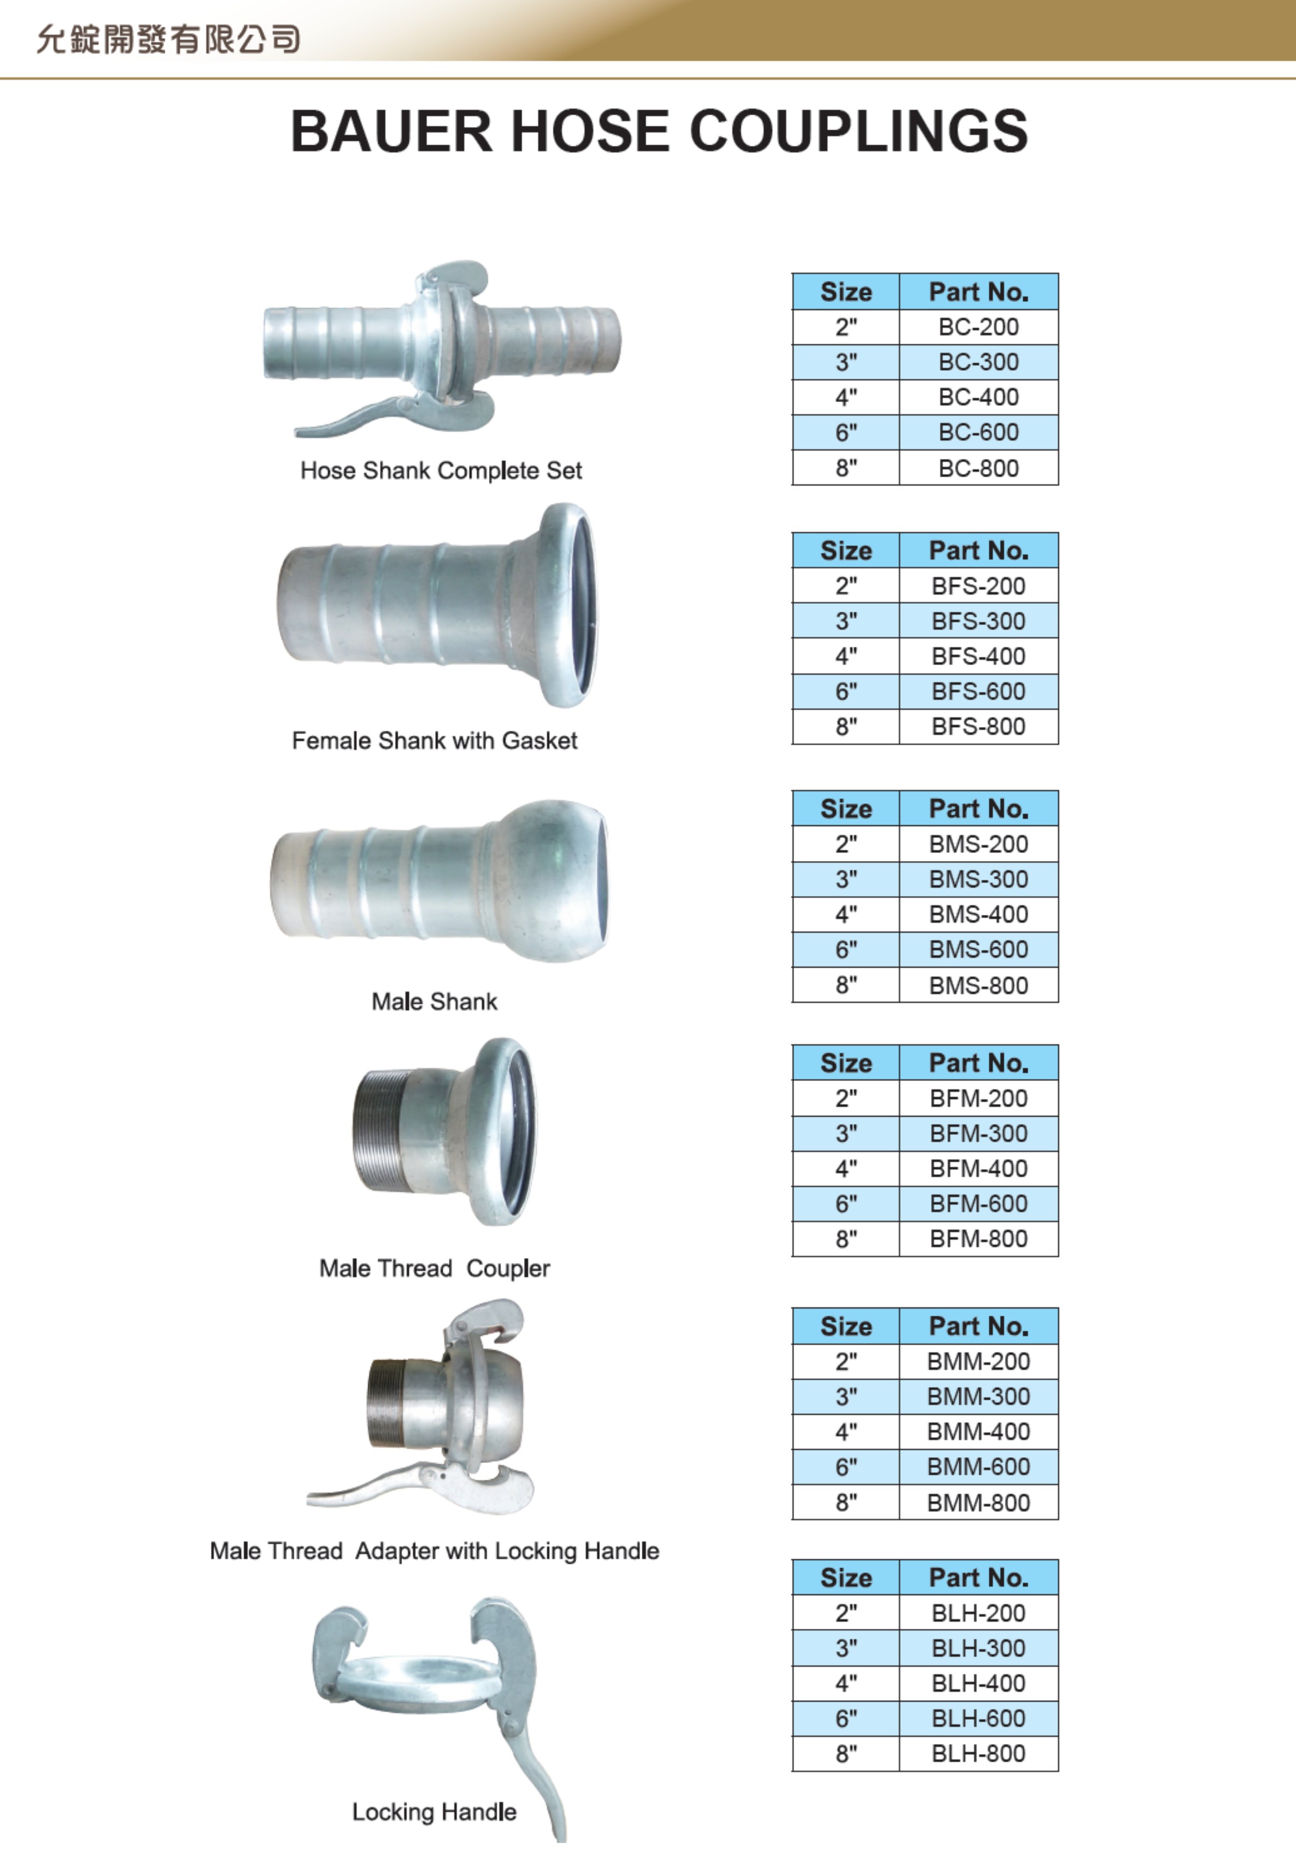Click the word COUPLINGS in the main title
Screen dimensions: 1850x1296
coord(858,131)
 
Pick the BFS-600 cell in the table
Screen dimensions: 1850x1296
coord(978,691)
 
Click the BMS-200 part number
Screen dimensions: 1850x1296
coord(978,844)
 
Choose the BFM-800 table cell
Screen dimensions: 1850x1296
coord(978,1238)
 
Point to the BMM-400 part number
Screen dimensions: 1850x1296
coord(978,1432)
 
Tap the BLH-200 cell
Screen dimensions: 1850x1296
coord(978,1613)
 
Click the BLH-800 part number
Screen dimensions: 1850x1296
coord(978,1753)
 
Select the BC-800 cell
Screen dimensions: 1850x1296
coord(978,468)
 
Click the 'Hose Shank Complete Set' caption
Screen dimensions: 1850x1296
coord(441,470)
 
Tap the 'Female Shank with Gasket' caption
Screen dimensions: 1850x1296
coord(434,740)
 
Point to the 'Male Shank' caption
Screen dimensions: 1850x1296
coord(434,1001)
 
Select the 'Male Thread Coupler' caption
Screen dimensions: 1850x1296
coord(434,1268)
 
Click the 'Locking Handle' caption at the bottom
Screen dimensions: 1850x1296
coord(434,1812)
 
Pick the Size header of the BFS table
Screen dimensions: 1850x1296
coord(846,551)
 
